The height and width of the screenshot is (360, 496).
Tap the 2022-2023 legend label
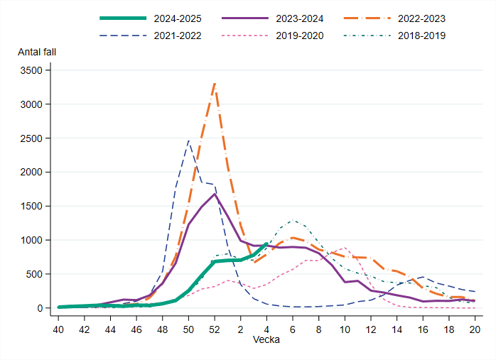click(421, 18)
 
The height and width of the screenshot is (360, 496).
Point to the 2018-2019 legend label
click(421, 35)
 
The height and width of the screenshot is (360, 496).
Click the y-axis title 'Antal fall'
click(37, 53)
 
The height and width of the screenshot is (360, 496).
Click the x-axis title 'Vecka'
click(266, 340)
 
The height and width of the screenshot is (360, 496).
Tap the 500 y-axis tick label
click(36, 274)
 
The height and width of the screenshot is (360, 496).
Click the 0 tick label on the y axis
click(41, 308)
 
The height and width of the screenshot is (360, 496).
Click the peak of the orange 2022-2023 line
click(215, 84)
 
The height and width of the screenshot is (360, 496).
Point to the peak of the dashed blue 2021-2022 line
click(188, 141)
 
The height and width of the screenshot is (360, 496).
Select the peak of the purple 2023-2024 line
click(215, 194)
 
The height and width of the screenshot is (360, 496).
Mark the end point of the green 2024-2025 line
click(266, 244)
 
